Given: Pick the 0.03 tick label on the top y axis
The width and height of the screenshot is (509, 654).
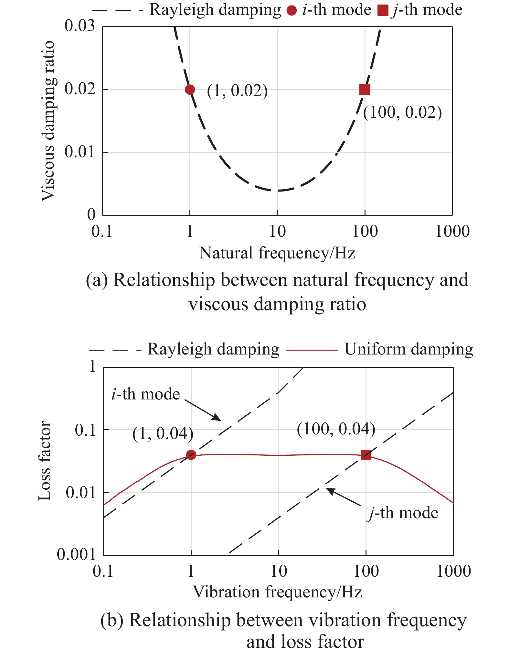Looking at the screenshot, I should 80,26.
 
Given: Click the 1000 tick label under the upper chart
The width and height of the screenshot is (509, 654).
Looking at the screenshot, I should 452,232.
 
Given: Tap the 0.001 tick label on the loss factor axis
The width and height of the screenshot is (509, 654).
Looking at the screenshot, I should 77,554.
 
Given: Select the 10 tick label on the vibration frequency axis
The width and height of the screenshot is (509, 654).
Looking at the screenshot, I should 278,571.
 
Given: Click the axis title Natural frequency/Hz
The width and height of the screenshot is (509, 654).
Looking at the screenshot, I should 277,253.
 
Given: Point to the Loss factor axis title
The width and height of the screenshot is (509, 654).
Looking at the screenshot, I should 45,461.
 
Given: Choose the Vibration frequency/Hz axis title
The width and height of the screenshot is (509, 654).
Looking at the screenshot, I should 277,592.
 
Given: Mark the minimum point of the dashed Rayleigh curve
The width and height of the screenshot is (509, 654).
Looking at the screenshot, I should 278,191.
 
